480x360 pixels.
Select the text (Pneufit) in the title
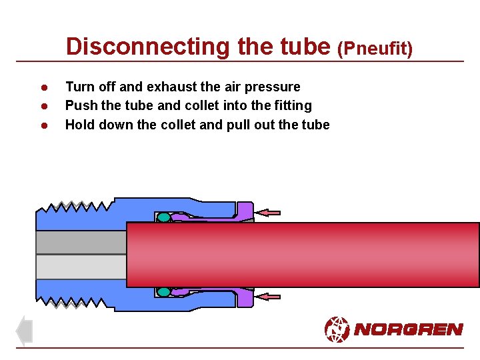pyautogui.click(x=376, y=48)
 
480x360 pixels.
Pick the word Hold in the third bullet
pyautogui.click(x=79, y=125)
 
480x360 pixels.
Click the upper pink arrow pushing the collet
pyautogui.click(x=269, y=213)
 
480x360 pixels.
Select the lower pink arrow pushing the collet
pyautogui.click(x=269, y=297)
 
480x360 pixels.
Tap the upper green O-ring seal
pyautogui.click(x=163, y=217)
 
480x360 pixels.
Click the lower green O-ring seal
pyautogui.click(x=163, y=291)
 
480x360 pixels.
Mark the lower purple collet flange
pyautogui.click(x=245, y=297)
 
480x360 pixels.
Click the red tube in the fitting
pyautogui.click(x=300, y=255)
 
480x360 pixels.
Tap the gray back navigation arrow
pyautogui.click(x=24, y=331)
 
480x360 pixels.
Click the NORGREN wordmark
pyautogui.click(x=408, y=329)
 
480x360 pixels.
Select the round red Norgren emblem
pyautogui.click(x=337, y=329)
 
